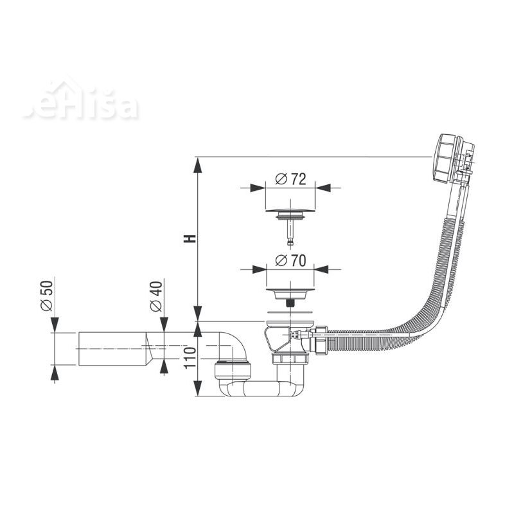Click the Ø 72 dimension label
coord(290,179)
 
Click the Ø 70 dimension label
coord(290,261)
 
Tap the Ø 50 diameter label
coord(46,296)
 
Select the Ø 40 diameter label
coord(156,296)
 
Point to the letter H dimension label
coord(190,238)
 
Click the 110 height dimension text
coord(190,358)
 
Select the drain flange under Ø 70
coord(290,294)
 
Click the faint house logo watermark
coord(81,100)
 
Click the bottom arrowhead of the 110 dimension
coord(197,389)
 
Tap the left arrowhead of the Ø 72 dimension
coord(258,188)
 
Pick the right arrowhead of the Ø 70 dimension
coord(322,269)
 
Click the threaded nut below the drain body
coord(290,359)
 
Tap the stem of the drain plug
coord(290,233)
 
